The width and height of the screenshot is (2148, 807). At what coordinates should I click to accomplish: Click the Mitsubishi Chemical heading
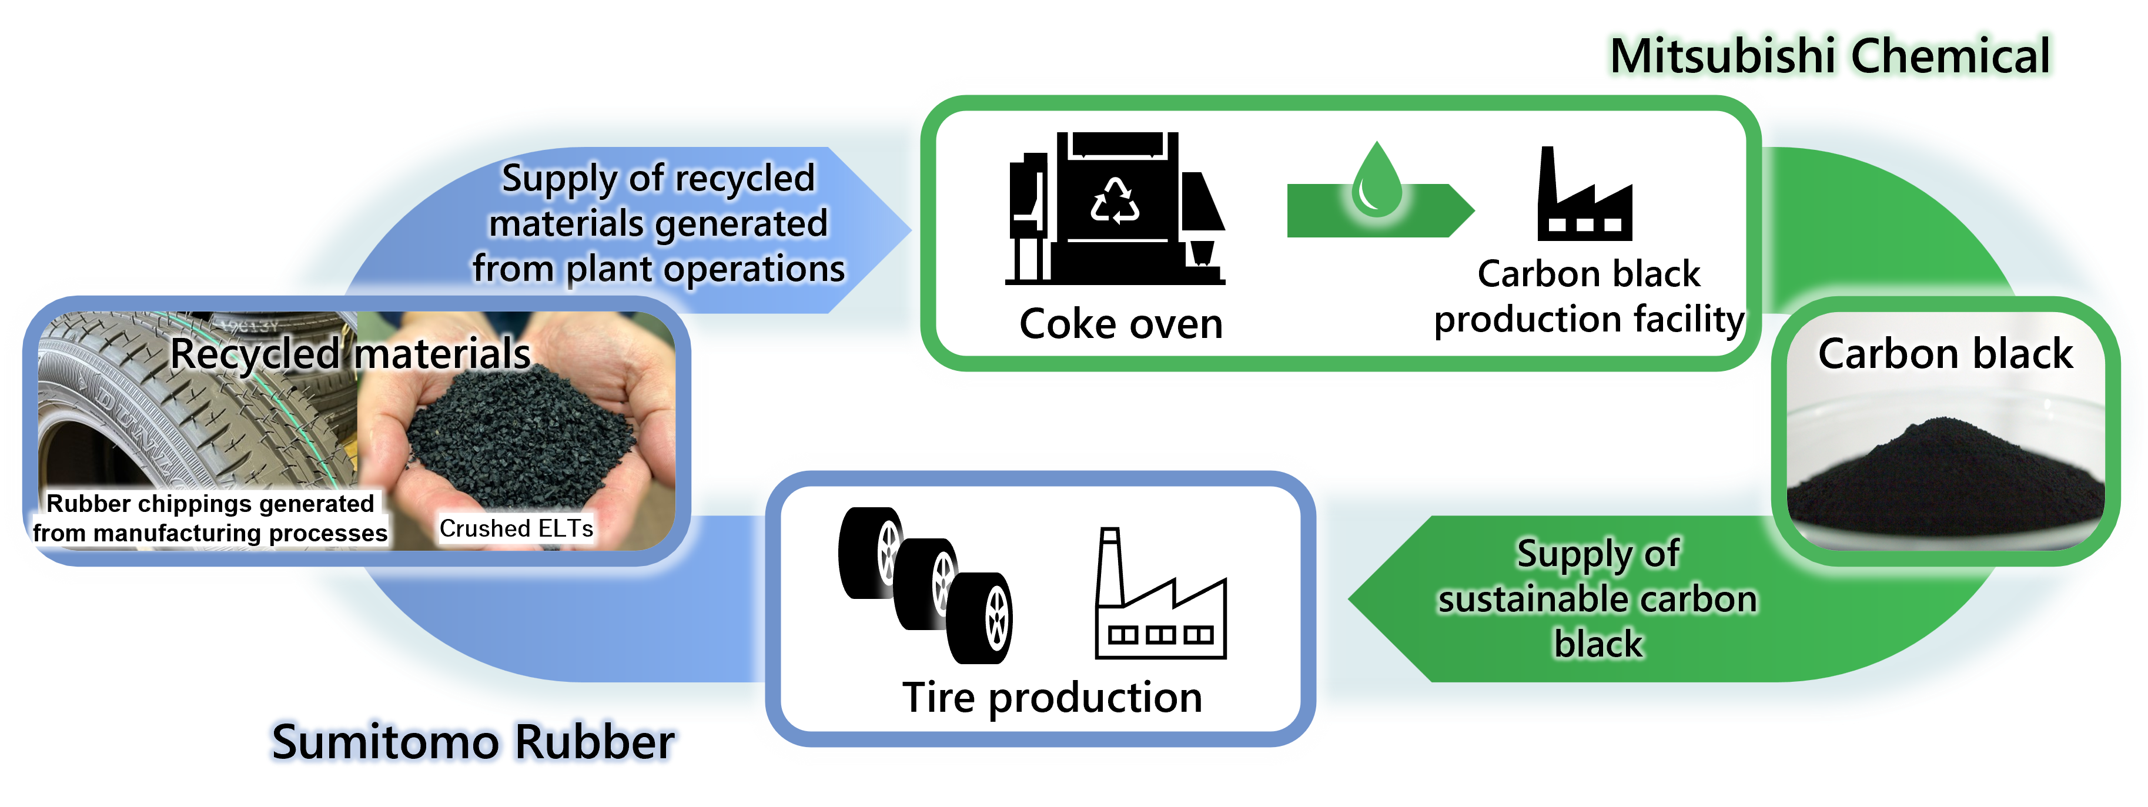(1831, 55)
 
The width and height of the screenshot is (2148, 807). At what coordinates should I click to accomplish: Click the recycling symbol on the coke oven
(1115, 201)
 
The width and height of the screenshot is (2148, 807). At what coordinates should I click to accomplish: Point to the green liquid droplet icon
(1377, 181)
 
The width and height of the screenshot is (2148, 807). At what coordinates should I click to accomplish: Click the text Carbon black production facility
(1588, 297)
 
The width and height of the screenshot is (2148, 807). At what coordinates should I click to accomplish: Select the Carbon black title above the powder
(1945, 353)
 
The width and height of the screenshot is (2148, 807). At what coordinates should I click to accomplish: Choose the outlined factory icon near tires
(1160, 604)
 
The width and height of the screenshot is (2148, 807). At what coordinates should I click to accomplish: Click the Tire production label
(1052, 697)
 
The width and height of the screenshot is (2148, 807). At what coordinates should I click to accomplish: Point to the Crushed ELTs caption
(516, 528)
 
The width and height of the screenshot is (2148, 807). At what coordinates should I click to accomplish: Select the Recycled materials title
(350, 353)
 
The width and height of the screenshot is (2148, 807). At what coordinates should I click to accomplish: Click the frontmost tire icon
(981, 618)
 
